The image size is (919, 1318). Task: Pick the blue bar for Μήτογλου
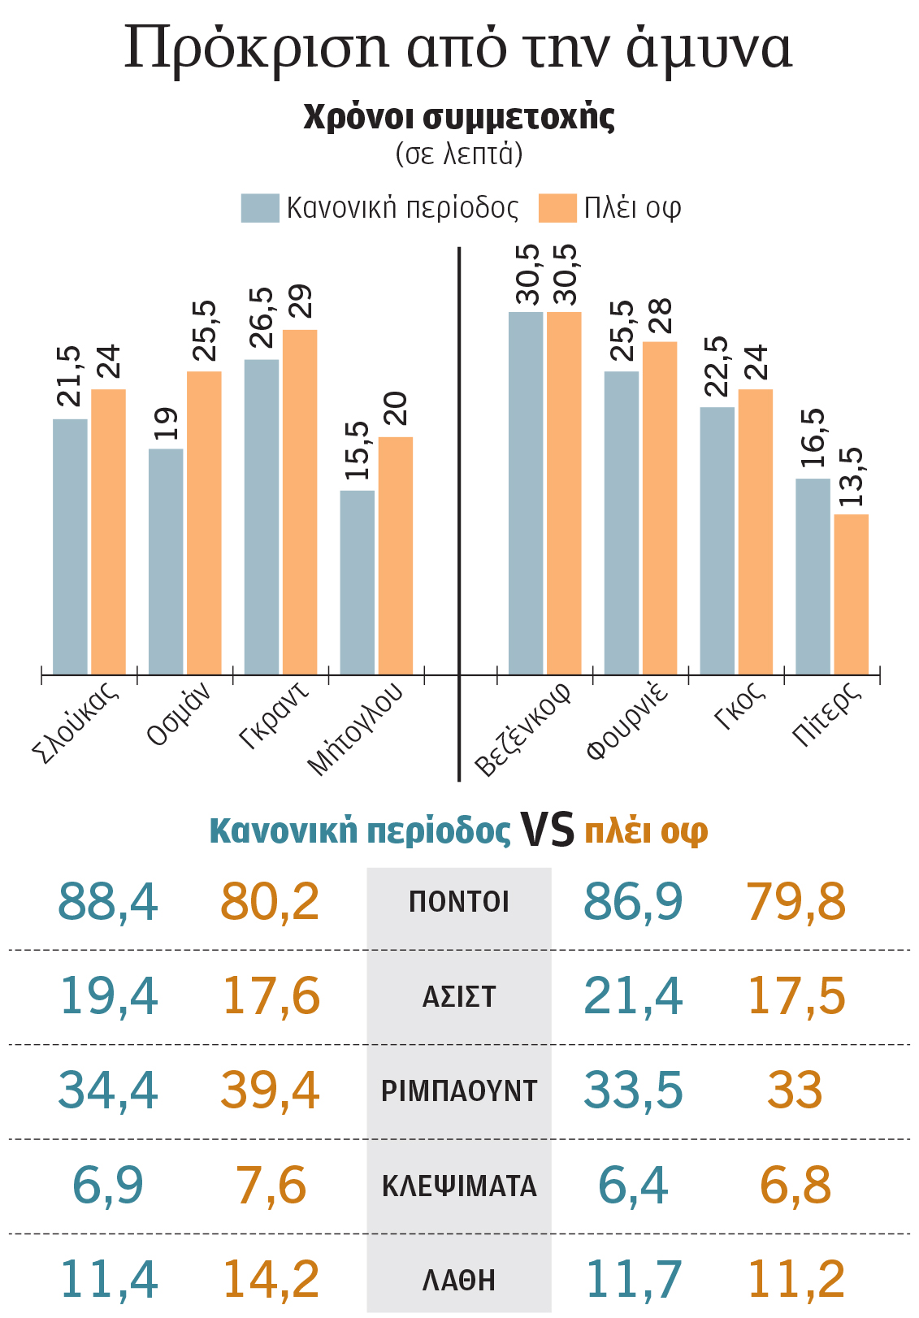[357, 582]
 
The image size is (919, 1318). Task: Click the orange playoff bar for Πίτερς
[851, 594]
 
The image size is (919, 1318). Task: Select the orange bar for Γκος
[755, 531]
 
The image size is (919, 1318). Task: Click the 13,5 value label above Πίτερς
[852, 478]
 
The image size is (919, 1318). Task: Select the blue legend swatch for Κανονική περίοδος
[260, 208]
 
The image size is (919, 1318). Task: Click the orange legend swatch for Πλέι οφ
[557, 208]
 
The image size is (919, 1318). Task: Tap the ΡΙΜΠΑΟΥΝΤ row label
[459, 1091]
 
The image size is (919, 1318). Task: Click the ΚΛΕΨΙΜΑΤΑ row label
[459, 1186]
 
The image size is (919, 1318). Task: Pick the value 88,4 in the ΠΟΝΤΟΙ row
[108, 902]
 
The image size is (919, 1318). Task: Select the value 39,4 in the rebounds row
[271, 1090]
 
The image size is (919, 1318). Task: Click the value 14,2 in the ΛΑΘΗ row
[271, 1279]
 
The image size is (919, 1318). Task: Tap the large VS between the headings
[547, 830]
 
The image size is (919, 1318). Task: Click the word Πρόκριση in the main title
[258, 47]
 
